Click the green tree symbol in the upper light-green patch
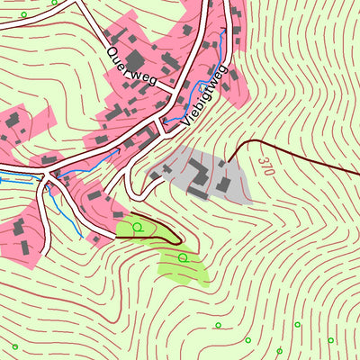coord(138,227)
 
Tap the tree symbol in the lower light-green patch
coord(183,258)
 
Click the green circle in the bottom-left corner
coord(14,346)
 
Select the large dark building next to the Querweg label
coord(168,62)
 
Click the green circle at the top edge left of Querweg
coord(55,3)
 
